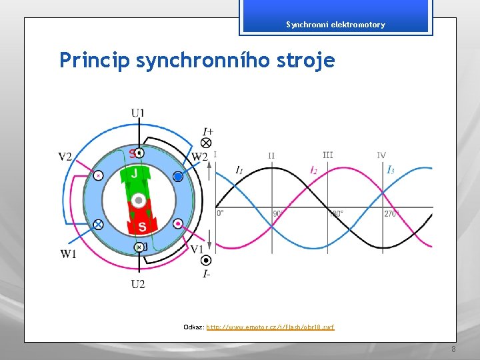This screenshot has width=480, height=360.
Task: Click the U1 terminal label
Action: click(137, 113)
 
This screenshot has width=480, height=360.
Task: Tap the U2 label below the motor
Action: click(138, 284)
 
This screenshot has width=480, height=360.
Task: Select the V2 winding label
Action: click(65, 157)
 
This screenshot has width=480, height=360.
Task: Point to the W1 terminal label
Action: click(68, 254)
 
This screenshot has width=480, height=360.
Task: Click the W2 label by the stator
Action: click(199, 157)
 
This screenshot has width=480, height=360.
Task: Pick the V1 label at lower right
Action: click(197, 249)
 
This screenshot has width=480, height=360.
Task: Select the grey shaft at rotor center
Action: click(139, 200)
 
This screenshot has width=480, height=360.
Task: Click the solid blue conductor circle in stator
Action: click(177, 177)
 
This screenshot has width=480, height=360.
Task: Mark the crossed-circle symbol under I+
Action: click(207, 143)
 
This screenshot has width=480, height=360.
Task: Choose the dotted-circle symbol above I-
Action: click(207, 261)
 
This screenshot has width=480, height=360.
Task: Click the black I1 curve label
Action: click(239, 171)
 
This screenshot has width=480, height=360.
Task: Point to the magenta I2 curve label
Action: click(313, 171)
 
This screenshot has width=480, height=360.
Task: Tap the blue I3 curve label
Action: click(391, 171)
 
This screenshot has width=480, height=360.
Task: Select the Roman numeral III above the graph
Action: click(327, 155)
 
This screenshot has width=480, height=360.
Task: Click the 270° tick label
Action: click(392, 214)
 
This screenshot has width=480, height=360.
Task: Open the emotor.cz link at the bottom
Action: click(270, 327)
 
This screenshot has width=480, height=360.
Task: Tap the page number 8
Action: click(453, 350)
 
